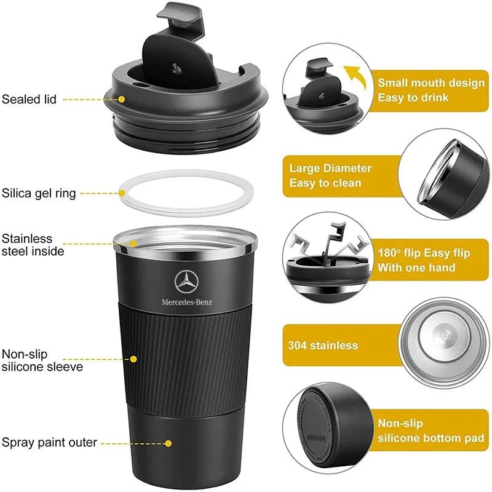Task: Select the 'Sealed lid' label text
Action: (29, 98)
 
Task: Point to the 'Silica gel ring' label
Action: (39, 193)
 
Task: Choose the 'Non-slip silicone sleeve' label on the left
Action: (42, 360)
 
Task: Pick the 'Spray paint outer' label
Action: (49, 442)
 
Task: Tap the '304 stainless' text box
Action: (323, 345)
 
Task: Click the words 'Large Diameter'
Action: (330, 168)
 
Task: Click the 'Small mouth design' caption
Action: (430, 82)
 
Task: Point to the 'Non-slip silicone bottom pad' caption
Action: (427, 430)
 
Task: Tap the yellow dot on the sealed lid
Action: (122, 98)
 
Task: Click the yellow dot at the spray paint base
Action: (168, 442)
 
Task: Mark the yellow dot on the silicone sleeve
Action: (133, 359)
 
